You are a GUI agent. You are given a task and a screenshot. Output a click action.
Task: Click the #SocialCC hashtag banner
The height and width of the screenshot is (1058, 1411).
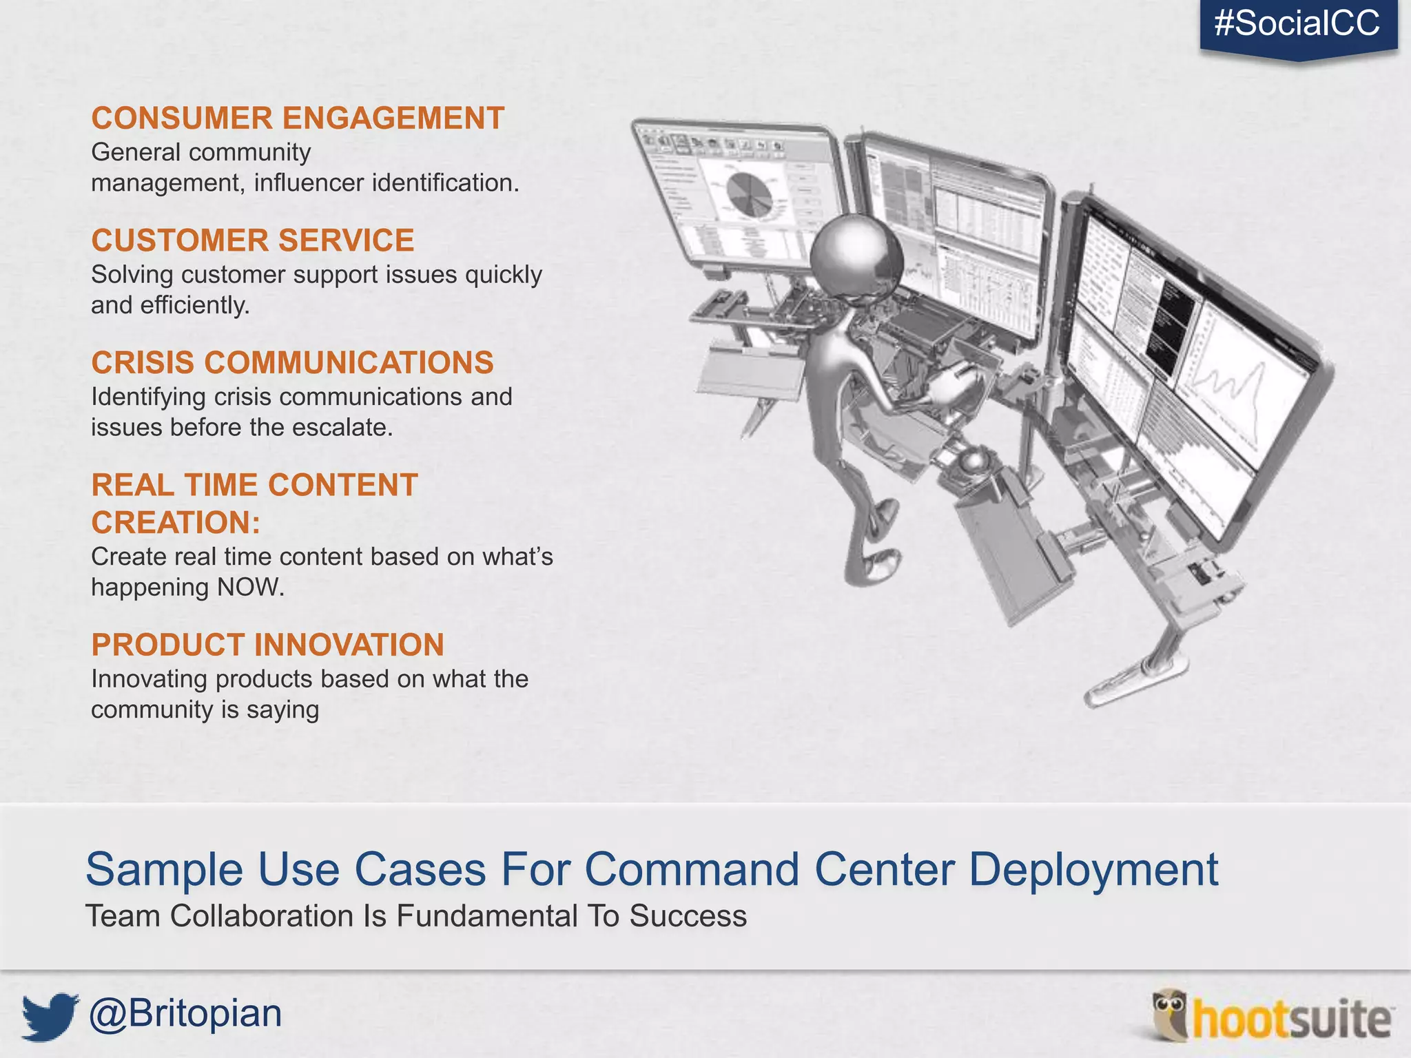pos(1298,25)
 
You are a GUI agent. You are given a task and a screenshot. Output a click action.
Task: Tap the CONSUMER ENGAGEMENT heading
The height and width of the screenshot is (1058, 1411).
pos(298,118)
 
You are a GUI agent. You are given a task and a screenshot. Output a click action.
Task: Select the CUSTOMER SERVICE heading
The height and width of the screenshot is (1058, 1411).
pos(253,241)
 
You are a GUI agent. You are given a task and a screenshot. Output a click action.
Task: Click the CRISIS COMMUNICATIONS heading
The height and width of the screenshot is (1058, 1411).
pos(292,363)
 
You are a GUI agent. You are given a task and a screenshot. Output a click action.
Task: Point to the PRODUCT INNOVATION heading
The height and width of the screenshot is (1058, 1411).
pos(267,645)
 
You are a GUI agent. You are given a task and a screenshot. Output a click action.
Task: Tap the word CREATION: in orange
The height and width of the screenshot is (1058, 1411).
pos(176,523)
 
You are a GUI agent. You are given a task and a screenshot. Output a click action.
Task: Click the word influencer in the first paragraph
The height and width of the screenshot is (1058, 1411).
pos(308,183)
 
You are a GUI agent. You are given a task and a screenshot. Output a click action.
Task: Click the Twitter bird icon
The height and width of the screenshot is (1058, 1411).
pos(49,1015)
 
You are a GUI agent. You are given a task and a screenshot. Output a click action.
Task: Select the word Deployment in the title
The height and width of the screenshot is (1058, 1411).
pos(1093,870)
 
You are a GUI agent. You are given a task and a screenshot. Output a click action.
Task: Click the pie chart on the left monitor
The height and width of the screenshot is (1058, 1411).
pos(749,195)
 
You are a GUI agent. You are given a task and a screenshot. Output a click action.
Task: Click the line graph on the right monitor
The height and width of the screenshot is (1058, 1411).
pos(1233,386)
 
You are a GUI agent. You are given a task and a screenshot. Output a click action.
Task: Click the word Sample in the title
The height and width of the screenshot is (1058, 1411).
pos(164,870)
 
